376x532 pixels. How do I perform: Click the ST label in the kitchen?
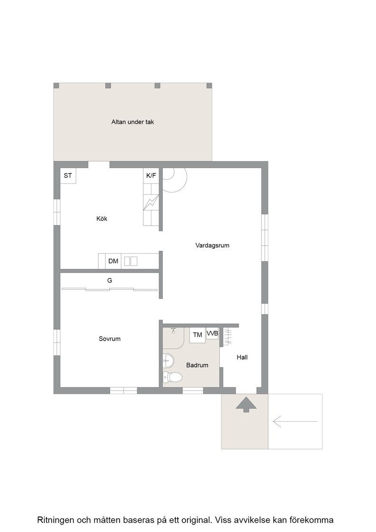click(68, 175)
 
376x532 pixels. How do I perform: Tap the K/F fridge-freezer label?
click(151, 175)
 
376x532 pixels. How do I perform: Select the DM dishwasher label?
click(113, 261)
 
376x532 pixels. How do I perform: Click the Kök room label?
click(102, 218)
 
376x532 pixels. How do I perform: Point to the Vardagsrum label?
click(212, 245)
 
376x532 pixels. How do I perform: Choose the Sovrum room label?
click(110, 339)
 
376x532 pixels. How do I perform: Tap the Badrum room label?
click(197, 365)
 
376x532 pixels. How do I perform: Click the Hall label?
click(242, 357)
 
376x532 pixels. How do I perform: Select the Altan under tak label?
click(132, 122)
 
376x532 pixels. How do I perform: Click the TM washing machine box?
click(197, 335)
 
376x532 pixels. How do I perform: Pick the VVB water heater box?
click(213, 334)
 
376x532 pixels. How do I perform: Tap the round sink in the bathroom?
click(168, 361)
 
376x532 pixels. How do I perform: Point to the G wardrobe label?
click(110, 281)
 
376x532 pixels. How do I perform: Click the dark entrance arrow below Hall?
click(246, 404)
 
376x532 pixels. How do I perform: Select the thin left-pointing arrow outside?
click(295, 421)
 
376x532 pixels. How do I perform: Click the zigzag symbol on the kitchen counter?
click(151, 202)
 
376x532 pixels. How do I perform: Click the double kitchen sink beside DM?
click(131, 261)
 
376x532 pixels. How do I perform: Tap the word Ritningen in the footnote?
click(55, 520)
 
